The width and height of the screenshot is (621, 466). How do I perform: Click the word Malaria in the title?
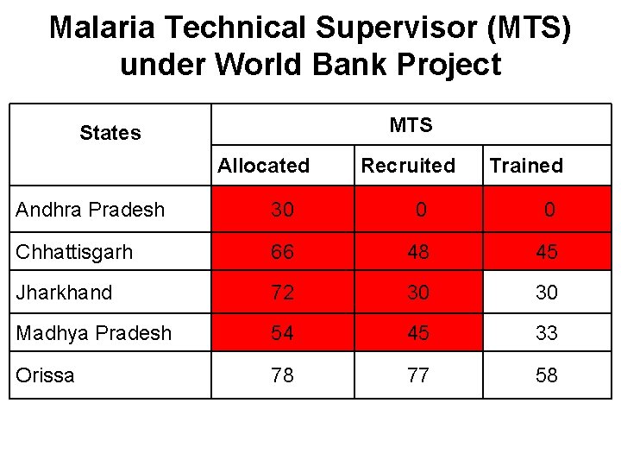click(103, 28)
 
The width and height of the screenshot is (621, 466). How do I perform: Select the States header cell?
click(110, 133)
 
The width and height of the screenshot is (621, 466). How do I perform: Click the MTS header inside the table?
click(411, 126)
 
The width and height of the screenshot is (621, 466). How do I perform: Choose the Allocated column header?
click(263, 166)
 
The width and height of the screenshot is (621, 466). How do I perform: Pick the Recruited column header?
click(407, 166)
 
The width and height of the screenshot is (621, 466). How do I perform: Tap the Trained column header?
click(525, 166)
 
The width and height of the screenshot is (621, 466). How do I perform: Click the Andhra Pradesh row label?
click(90, 210)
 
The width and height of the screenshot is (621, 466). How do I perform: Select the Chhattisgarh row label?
click(74, 252)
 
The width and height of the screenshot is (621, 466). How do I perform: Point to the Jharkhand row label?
click(64, 293)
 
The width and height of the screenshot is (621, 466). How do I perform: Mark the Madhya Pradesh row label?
click(93, 333)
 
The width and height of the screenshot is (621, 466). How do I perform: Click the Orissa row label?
click(45, 375)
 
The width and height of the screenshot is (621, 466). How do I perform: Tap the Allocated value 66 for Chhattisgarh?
click(282, 252)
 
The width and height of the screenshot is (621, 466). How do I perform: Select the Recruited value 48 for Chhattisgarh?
click(418, 252)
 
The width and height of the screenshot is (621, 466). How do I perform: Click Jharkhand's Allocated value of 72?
click(282, 293)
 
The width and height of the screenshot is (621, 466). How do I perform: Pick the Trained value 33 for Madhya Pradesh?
click(546, 333)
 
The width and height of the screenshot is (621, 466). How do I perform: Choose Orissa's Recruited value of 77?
click(418, 375)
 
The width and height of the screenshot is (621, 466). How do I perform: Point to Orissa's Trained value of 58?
click(546, 375)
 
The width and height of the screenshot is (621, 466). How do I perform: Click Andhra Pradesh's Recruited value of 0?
click(420, 210)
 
